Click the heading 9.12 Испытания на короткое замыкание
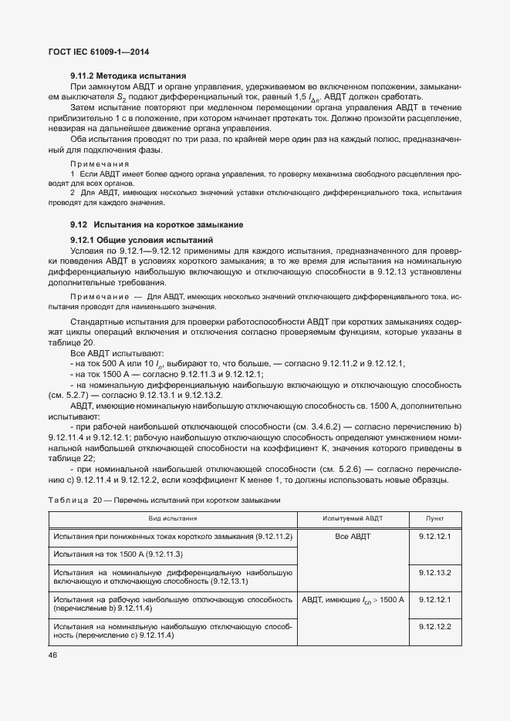[157, 224]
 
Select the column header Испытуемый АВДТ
[353, 519]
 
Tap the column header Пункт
[434, 519]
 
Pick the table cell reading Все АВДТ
[353, 535]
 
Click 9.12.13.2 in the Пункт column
[434, 572]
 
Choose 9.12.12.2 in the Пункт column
[434, 625]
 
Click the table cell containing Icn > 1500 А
[353, 599]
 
